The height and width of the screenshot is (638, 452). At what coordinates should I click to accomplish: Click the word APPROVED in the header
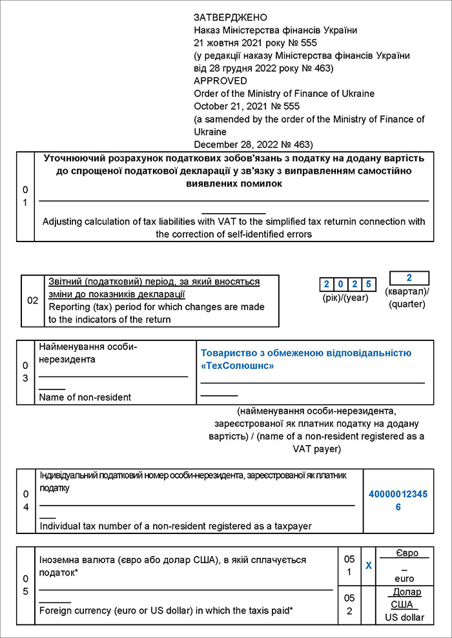[x=220, y=81]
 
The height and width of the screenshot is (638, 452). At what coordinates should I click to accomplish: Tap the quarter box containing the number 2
[x=409, y=278]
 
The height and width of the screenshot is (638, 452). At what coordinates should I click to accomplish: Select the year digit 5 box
[x=368, y=284]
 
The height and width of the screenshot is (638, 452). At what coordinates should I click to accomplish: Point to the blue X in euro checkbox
[x=369, y=565]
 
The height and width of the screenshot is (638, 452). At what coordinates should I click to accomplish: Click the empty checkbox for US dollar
[x=369, y=605]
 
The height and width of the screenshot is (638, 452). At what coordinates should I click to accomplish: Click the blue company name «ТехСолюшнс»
[x=237, y=365]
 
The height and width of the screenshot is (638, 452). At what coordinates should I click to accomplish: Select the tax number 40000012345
[x=398, y=494]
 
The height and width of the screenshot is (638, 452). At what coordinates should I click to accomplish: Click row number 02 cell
[x=32, y=301]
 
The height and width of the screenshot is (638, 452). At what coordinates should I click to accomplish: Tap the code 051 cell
[x=349, y=565]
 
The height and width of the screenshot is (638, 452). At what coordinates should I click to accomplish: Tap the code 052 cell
[x=349, y=605]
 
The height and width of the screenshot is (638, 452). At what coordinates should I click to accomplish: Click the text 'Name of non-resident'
[x=85, y=397]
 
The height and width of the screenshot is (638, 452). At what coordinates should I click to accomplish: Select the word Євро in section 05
[x=407, y=553]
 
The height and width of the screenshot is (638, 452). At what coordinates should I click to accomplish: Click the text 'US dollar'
[x=405, y=617]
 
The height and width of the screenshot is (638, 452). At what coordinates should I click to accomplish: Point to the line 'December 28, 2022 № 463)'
[x=253, y=144]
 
